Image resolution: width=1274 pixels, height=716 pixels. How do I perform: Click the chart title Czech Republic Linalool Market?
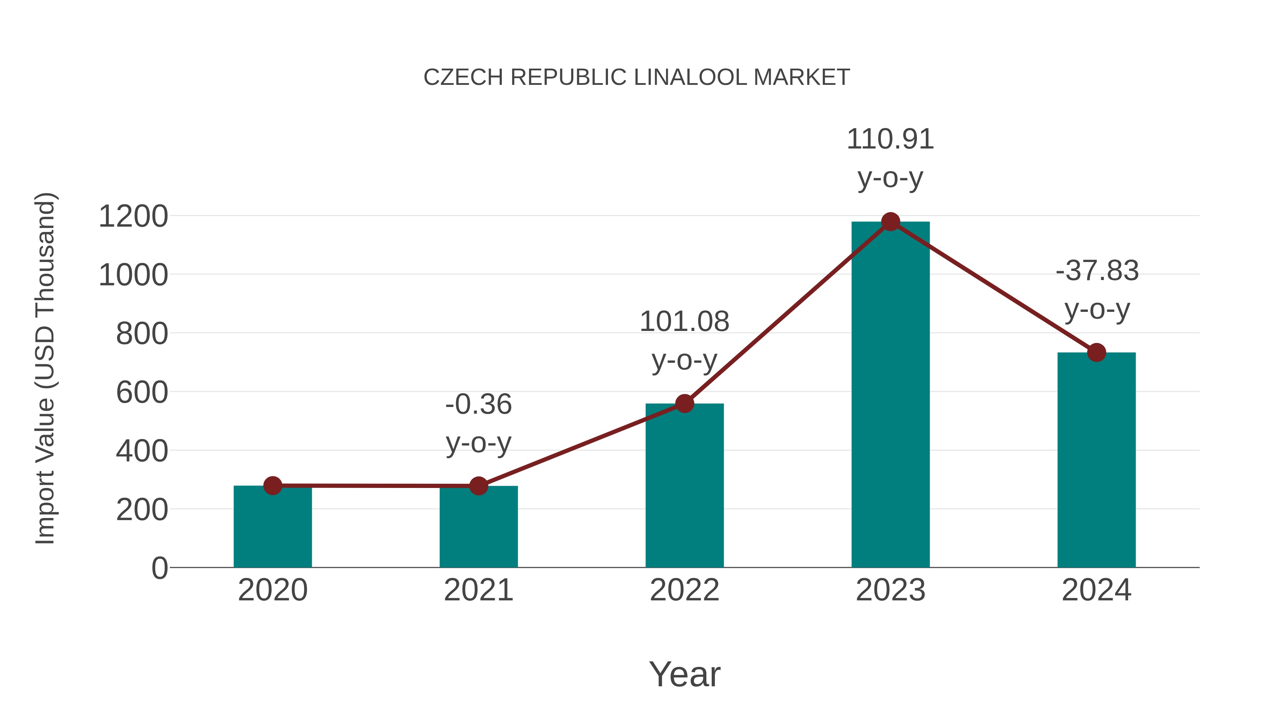click(637, 77)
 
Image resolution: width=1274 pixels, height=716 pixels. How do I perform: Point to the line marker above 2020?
click(272, 486)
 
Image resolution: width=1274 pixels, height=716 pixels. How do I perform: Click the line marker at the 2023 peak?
click(890, 222)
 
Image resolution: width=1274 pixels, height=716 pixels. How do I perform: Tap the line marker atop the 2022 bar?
click(684, 404)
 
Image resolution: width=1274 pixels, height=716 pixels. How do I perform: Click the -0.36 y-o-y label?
click(478, 424)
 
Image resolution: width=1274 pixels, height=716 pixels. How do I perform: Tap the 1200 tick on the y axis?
click(133, 216)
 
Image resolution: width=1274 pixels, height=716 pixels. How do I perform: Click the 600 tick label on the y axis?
click(142, 393)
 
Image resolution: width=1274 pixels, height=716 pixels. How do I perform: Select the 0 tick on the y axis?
click(159, 568)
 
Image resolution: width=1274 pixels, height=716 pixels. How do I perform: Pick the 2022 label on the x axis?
click(684, 590)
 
